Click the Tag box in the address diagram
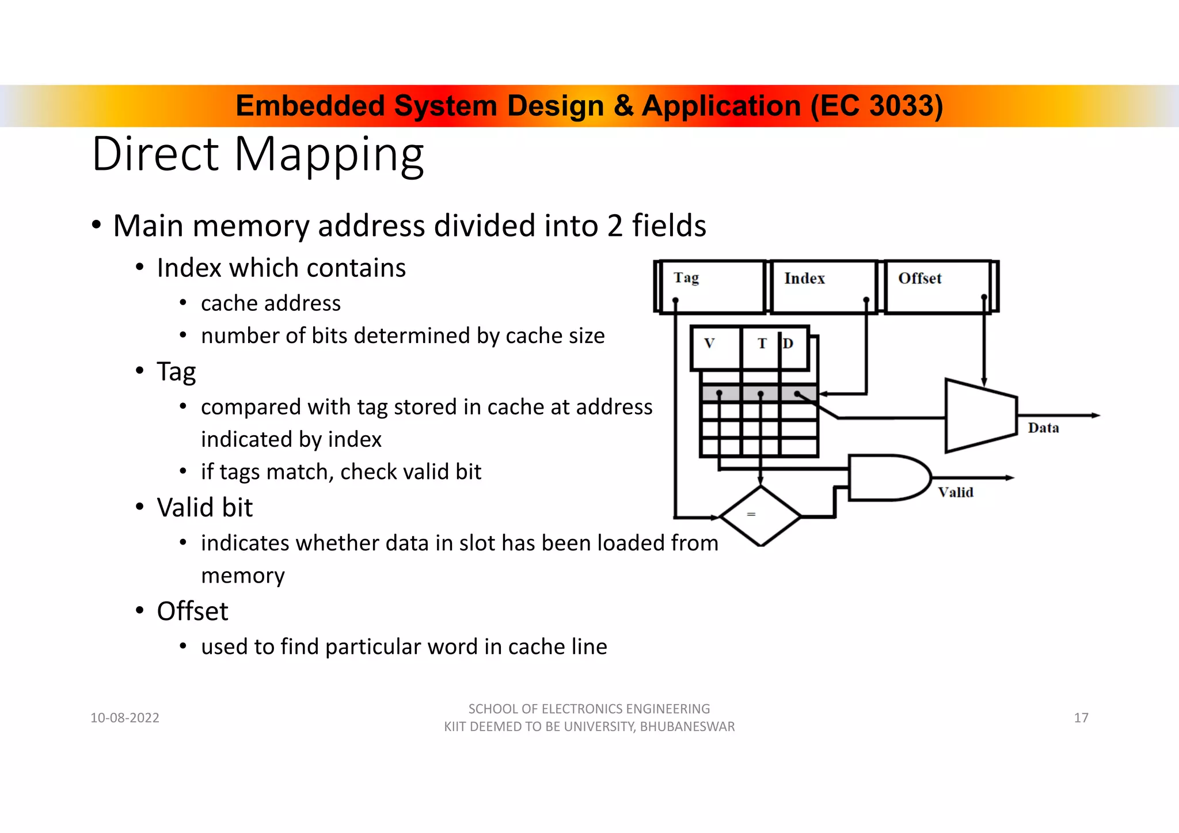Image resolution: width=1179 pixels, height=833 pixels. coord(711,286)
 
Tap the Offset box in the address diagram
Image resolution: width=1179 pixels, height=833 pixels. coord(937,286)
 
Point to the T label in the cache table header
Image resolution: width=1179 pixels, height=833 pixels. coord(762,344)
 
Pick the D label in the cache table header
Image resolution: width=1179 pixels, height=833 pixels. coord(788,344)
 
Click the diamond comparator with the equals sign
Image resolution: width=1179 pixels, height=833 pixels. coord(760,516)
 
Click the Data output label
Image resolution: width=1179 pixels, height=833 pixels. coord(1043,428)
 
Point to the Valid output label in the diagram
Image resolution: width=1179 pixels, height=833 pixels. coord(956,492)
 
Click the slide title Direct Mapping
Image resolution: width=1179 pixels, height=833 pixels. coord(258,154)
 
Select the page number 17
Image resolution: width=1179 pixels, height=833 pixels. coord(1081,718)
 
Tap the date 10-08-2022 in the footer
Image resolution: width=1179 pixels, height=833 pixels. coord(125,718)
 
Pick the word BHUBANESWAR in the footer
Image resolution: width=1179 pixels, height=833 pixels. coord(687,727)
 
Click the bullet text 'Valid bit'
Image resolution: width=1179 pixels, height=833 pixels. coord(204,508)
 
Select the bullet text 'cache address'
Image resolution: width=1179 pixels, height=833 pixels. coord(271,303)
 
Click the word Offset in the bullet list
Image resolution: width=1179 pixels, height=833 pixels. coord(192,611)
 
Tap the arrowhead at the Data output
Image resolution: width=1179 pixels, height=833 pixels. coord(1095,415)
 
